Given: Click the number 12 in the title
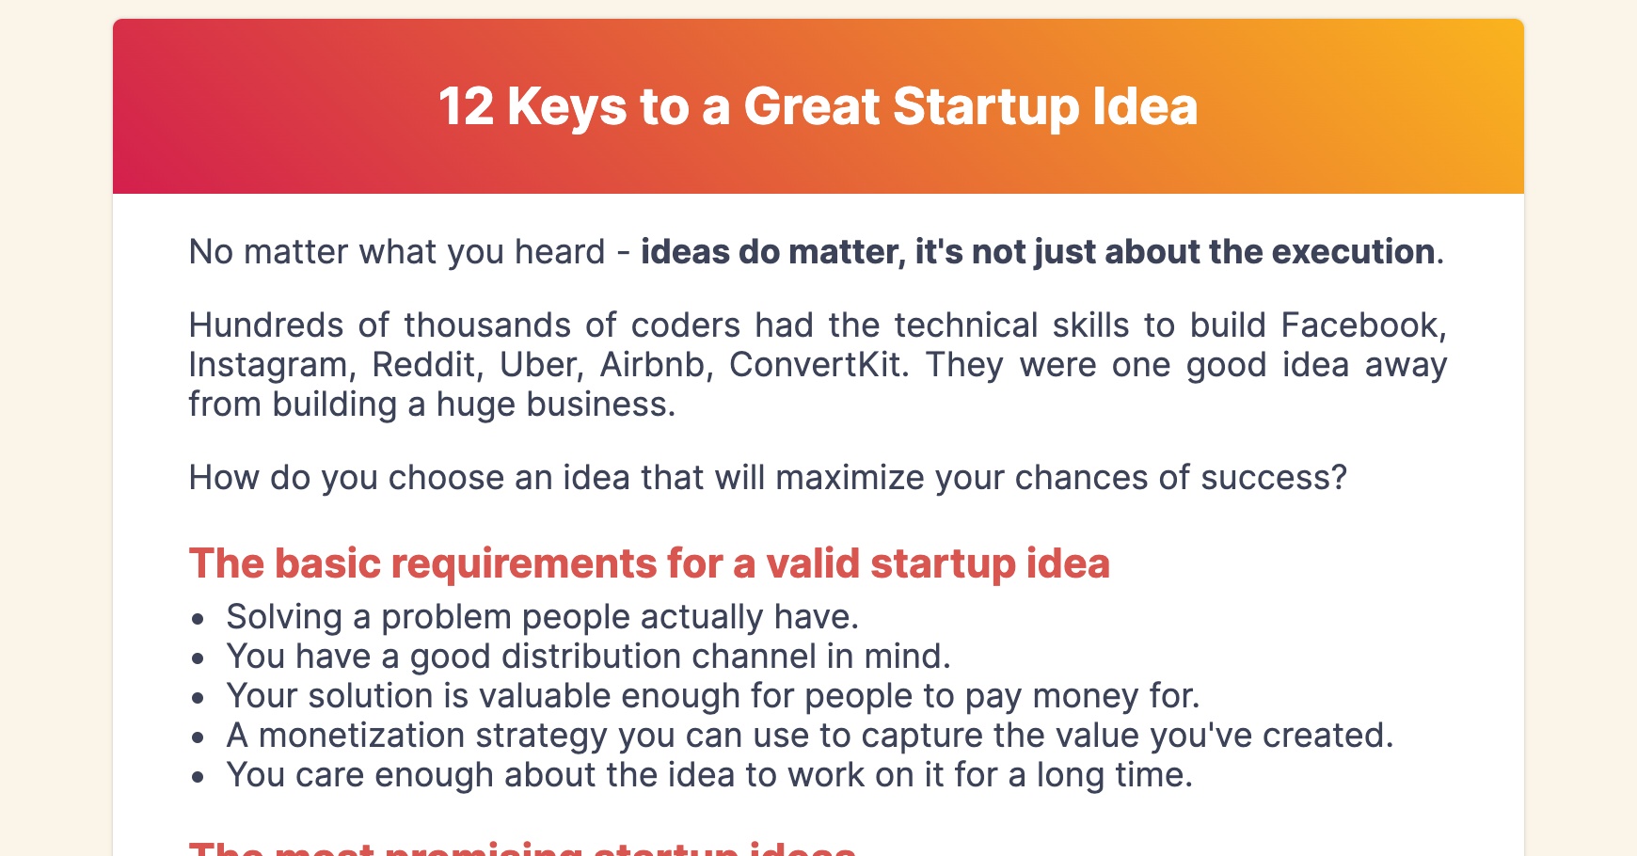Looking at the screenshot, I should [466, 106].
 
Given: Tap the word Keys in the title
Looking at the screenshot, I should [566, 106].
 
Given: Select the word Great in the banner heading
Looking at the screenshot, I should [811, 106].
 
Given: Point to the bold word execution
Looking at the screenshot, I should [1353, 252].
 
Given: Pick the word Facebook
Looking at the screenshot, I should [1362, 325].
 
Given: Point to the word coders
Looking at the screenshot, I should [686, 325].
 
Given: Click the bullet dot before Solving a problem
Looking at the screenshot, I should [198, 619].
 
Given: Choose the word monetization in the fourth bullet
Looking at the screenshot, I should [361, 736].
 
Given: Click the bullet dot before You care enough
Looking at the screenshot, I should [198, 777].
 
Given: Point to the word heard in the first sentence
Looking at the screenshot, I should [560, 252].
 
